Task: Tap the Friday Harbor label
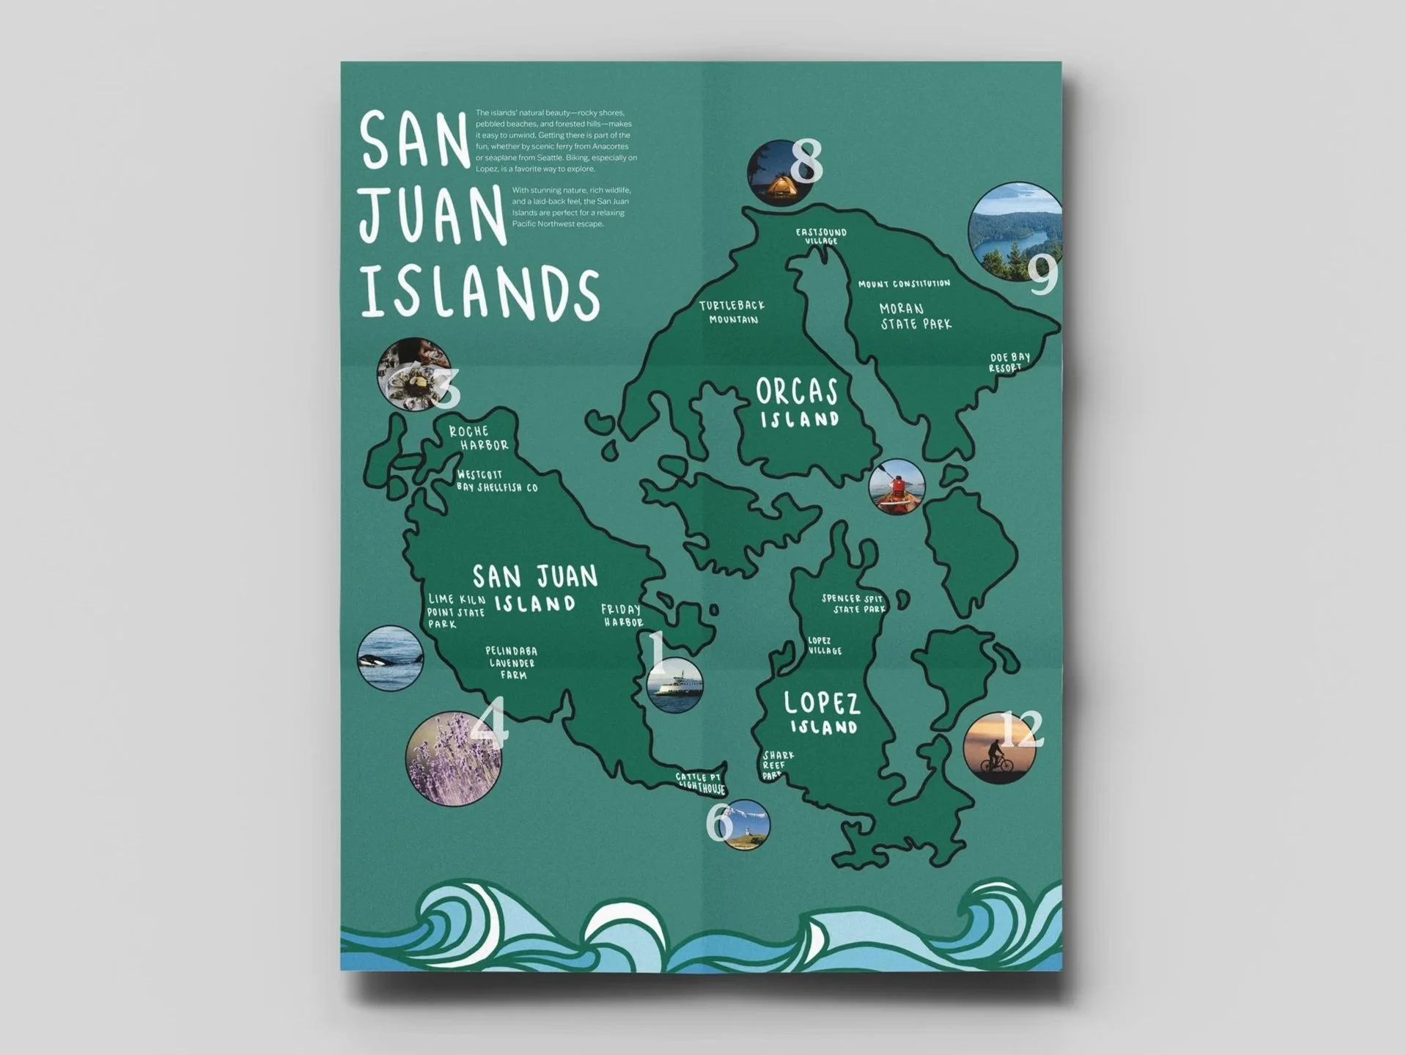622,615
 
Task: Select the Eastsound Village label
821,236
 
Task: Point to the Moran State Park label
915,316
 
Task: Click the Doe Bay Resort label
1009,362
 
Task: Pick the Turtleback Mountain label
732,312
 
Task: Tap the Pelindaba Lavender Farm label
512,663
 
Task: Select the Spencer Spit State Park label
853,603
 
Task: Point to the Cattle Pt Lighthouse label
701,782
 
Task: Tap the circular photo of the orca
390,658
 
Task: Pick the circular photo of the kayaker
896,486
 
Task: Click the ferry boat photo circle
674,685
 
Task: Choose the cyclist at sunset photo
998,749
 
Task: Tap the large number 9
1043,275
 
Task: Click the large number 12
1021,729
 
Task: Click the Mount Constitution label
904,284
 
